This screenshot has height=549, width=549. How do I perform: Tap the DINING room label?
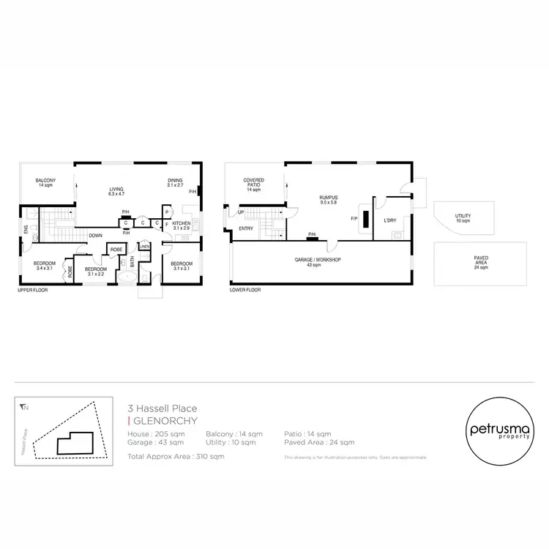click(x=174, y=183)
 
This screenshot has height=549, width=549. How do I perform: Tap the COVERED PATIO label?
click(x=254, y=184)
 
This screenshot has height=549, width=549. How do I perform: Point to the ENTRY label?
click(x=246, y=229)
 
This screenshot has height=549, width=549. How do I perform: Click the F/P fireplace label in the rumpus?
click(x=354, y=218)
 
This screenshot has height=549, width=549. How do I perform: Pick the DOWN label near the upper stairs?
click(x=95, y=235)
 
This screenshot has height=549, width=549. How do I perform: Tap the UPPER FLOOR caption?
click(x=34, y=290)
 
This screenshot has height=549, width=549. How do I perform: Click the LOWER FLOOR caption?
click(x=246, y=290)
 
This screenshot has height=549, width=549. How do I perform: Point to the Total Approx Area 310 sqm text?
click(x=176, y=456)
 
